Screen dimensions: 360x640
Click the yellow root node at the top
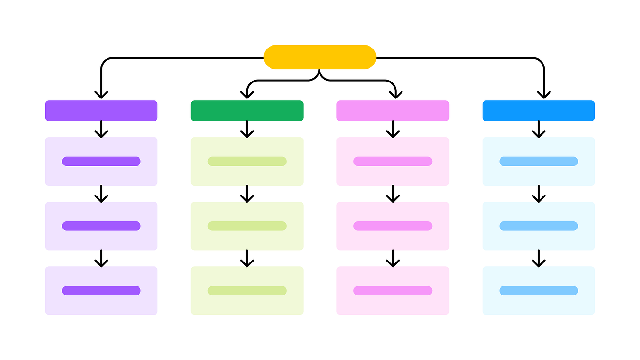[320, 57]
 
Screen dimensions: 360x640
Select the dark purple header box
[101, 111]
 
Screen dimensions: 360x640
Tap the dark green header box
[247, 111]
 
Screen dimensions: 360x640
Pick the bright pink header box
[393, 111]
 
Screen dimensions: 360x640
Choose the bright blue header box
[538, 111]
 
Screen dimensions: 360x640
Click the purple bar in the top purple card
[101, 161]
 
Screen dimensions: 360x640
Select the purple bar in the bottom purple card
[101, 291]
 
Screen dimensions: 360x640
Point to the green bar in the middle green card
[247, 226]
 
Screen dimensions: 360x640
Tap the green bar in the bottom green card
[247, 291]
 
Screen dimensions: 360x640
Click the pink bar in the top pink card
[393, 161]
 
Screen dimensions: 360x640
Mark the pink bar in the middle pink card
[393, 226]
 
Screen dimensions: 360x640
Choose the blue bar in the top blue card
[538, 161]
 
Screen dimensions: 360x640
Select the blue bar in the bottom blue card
[538, 291]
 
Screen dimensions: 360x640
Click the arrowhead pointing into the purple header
[101, 94]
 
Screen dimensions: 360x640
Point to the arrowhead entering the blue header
[544, 94]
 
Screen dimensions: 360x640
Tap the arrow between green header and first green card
[247, 130]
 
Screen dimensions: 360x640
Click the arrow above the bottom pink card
[393, 258]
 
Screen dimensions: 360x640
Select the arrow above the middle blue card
[538, 194]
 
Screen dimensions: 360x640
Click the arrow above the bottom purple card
[101, 258]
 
